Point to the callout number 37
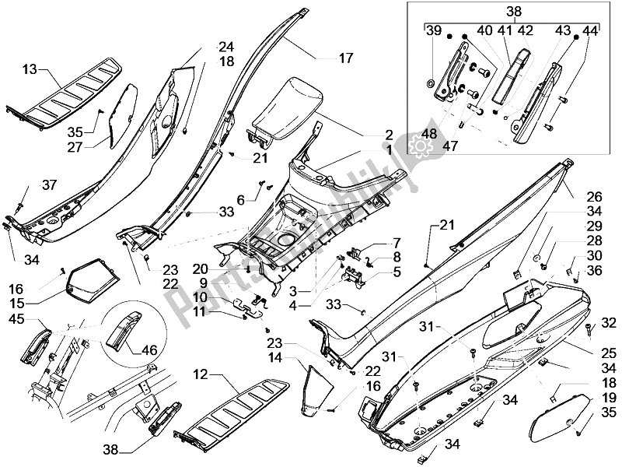pyautogui.click(x=49, y=184)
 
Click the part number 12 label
pyautogui.click(x=201, y=376)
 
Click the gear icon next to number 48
pyautogui.click(x=420, y=144)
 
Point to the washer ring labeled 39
pyautogui.click(x=431, y=82)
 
